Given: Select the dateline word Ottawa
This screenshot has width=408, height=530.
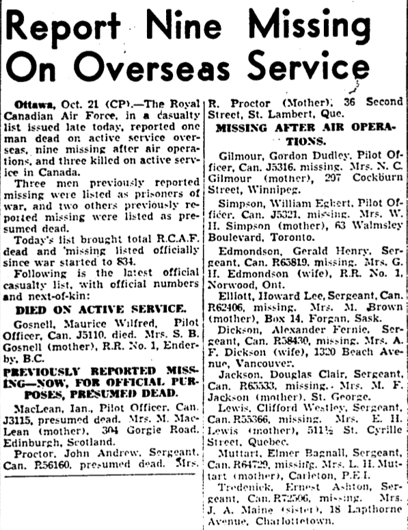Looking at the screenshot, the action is tap(33, 104).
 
